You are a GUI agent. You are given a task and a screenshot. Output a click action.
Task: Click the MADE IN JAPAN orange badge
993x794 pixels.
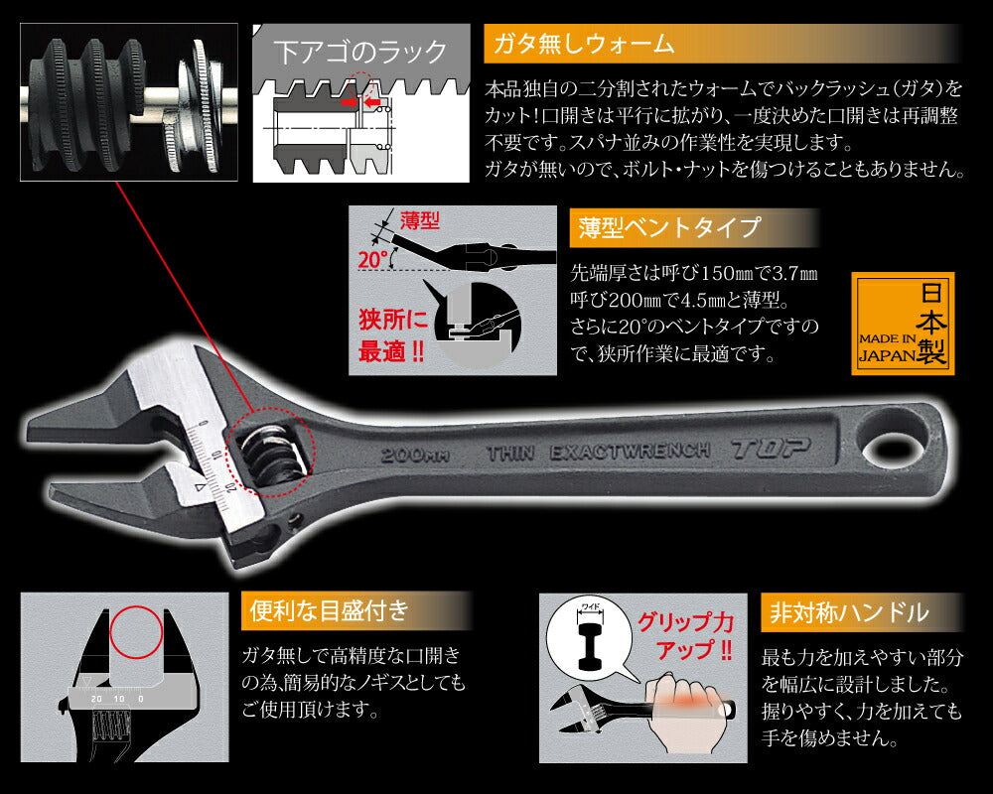pos(903,324)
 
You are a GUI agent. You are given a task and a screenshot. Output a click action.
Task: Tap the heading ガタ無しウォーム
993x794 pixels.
pos(580,45)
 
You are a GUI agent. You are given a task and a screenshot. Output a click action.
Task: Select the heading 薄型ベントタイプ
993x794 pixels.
pos(666,228)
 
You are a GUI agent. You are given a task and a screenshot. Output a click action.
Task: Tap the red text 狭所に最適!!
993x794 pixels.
pos(393,335)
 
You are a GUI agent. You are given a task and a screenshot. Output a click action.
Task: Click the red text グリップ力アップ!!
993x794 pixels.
pos(684,636)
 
